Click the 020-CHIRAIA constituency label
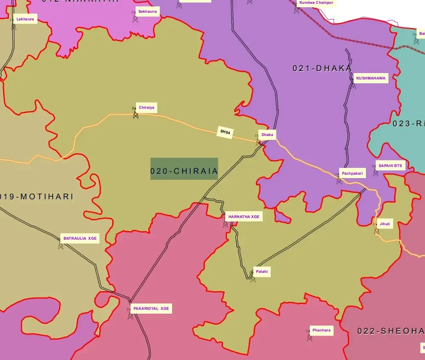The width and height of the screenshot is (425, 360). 184,171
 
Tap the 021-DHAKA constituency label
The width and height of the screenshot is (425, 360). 322,68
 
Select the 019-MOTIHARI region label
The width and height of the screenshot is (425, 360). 37,197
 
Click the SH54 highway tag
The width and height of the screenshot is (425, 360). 225,132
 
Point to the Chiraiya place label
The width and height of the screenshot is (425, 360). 146,108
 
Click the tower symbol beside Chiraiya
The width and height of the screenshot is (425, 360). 136,113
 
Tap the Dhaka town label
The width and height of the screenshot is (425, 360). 267,135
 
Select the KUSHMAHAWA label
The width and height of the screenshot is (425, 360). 371,78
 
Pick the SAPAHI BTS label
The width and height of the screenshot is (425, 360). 389,166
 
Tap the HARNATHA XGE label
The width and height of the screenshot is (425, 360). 244,217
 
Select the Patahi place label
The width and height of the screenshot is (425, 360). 261,272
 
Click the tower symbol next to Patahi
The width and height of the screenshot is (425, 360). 253,278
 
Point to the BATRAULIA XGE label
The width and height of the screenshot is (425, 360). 80,238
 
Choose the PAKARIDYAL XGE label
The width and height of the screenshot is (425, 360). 151,309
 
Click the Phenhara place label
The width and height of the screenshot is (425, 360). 321,330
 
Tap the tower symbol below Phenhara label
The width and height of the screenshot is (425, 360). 309,337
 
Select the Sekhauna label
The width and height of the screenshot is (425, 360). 147,11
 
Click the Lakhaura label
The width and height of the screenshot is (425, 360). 25,19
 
